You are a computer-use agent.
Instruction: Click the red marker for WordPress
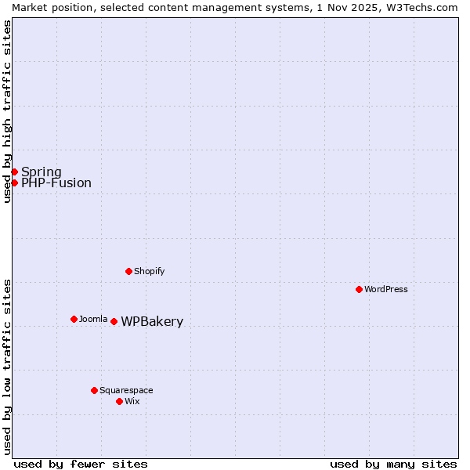point(359,289)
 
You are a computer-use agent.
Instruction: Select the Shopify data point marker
point(128,271)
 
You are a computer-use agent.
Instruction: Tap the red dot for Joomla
point(74,319)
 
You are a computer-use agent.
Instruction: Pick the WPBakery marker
point(114,321)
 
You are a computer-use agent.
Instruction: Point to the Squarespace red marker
point(94,390)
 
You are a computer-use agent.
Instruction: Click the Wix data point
point(119,401)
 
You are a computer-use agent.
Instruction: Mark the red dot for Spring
point(14,172)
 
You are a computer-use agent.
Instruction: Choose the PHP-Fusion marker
point(14,183)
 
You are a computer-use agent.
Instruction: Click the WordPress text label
point(386,289)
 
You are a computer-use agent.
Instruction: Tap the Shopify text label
point(149,271)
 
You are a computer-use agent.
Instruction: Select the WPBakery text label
point(152,322)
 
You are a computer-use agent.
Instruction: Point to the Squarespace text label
point(126,390)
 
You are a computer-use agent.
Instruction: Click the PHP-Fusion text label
point(56,183)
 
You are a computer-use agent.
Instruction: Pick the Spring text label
point(42,172)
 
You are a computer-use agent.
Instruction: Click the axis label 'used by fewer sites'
point(81,464)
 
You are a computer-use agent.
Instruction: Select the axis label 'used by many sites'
point(393,464)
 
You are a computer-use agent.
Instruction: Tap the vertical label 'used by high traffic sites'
point(8,111)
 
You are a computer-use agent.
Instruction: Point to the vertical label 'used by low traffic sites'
point(8,367)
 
